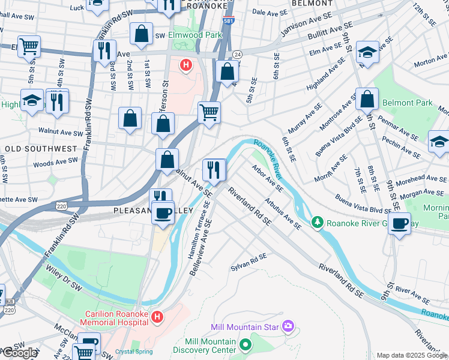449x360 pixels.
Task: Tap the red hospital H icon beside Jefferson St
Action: click(187, 64)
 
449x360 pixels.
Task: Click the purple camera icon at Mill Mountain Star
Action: click(289, 326)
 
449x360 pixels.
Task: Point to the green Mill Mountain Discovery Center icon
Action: click(245, 345)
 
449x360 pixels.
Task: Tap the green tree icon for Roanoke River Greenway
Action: click(317, 223)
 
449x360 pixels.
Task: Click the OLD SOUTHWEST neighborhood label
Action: click(41, 148)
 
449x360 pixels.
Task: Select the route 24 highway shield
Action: click(237, 54)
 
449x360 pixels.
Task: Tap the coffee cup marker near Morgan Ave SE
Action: click(399, 224)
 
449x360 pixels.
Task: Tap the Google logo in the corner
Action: click(20, 353)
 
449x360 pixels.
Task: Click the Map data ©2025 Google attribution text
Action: click(412, 355)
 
